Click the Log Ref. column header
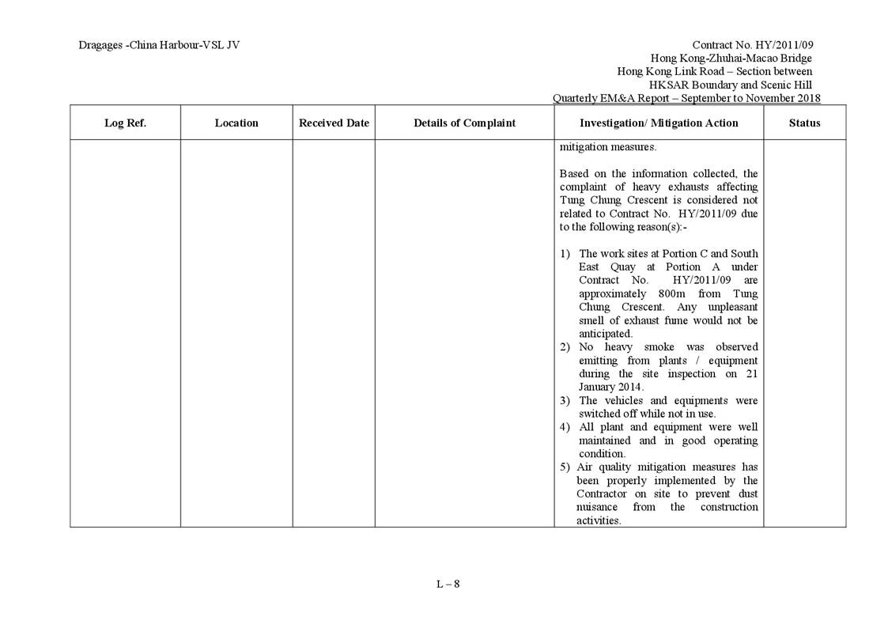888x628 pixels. (125, 123)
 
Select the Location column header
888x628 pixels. (236, 123)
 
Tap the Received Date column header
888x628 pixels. (334, 123)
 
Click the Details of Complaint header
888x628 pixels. (464, 123)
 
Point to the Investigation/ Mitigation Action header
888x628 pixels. (659, 123)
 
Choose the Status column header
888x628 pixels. (804, 123)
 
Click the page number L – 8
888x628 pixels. (448, 584)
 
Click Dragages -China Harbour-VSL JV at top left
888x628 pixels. (159, 45)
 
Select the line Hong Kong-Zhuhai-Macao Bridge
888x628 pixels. (731, 58)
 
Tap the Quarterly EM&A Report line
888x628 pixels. (686, 98)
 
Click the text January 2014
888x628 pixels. (610, 387)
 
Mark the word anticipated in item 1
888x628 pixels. (605, 334)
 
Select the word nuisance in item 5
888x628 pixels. (596, 507)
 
